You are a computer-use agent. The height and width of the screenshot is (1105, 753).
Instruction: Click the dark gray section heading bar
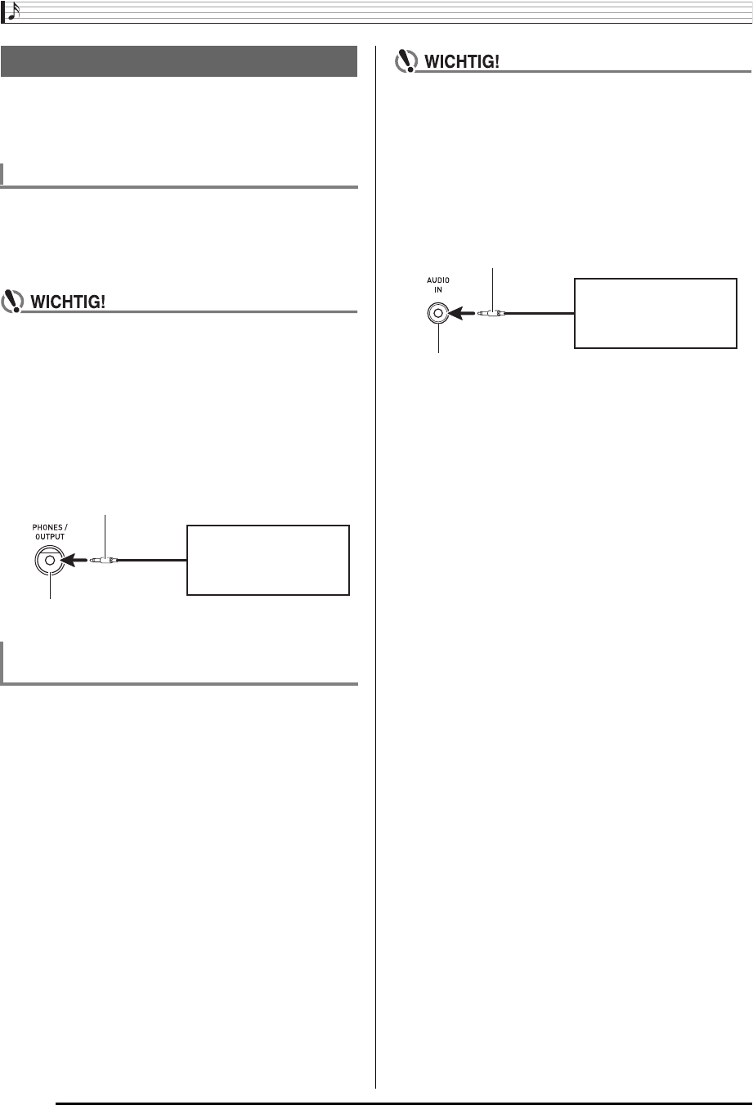coord(180,61)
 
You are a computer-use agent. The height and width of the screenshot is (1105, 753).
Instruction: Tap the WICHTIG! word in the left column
coord(69,302)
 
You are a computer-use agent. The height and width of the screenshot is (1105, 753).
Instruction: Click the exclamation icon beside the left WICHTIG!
coord(13,301)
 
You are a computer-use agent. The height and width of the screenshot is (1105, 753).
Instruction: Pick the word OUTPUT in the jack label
coord(49,538)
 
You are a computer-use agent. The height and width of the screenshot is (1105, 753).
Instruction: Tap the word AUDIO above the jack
coord(438,280)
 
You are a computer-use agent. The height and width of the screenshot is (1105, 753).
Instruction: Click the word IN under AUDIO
coord(438,290)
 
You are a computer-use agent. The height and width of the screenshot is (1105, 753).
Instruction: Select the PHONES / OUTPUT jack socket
coord(50,561)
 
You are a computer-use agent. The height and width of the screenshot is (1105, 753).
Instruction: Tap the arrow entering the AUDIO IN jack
coord(467,313)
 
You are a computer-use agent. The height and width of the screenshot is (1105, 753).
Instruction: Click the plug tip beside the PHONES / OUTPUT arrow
coord(105,561)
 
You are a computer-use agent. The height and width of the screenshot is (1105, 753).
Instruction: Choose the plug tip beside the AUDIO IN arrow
coord(493,313)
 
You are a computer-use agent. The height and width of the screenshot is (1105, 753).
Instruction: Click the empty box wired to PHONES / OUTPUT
coord(268,560)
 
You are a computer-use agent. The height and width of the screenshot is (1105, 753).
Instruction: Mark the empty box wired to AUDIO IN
coord(656,313)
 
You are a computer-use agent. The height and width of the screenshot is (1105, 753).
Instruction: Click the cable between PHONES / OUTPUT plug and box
coord(154,561)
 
